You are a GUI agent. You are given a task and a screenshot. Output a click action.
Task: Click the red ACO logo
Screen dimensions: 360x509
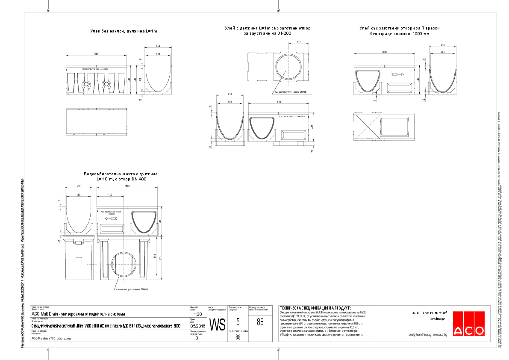(469, 324)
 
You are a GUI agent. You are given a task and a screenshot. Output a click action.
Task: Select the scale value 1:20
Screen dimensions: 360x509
(198, 314)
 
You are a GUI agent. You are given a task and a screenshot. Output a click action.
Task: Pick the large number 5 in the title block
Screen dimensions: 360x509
(238, 322)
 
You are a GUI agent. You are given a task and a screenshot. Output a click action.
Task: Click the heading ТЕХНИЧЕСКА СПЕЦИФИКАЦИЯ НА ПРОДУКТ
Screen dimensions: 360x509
(315, 308)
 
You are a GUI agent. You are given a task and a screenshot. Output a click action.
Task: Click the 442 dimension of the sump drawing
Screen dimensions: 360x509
(110, 195)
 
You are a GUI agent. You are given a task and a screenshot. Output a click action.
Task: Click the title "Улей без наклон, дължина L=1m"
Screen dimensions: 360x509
(124, 31)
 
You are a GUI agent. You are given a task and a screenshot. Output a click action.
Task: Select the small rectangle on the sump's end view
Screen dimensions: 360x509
(78, 259)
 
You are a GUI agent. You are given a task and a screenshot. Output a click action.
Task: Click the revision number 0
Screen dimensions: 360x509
(197, 338)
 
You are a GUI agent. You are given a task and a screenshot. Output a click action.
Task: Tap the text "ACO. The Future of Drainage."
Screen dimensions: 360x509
(429, 316)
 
